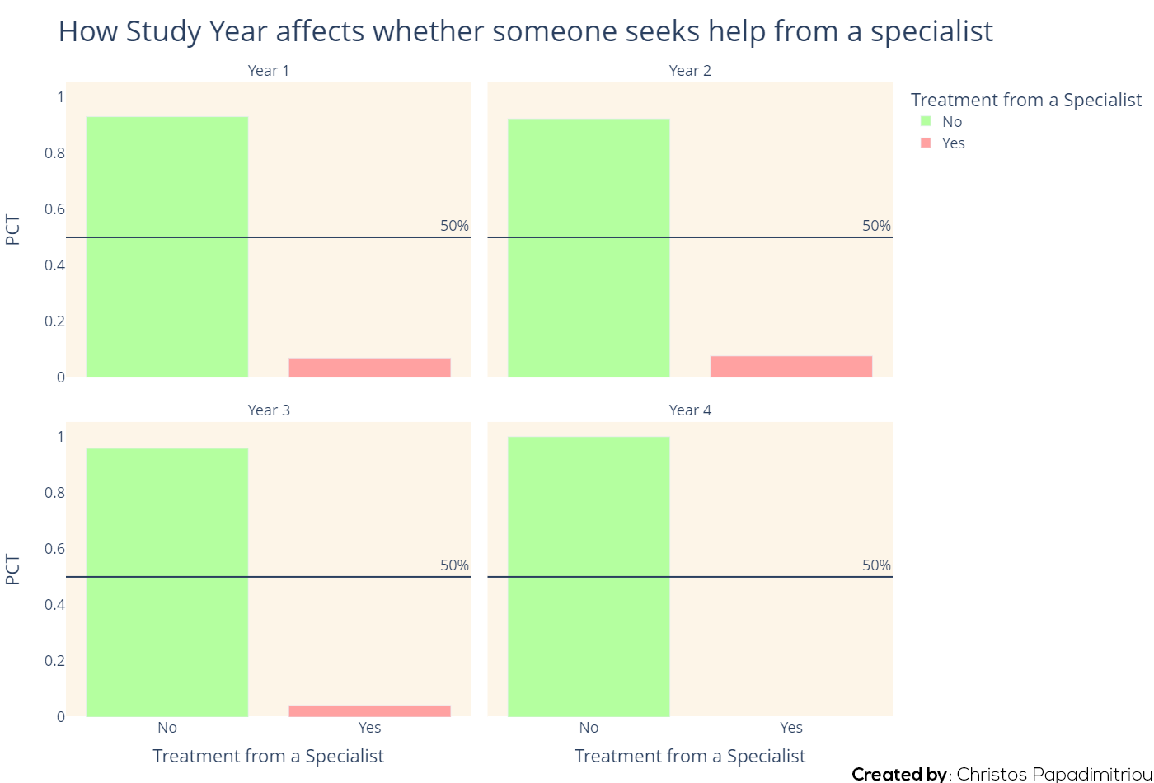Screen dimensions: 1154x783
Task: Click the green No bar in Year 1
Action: (x=167, y=246)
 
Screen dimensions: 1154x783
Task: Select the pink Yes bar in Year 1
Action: (x=369, y=368)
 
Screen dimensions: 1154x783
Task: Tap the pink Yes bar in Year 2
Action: (x=791, y=366)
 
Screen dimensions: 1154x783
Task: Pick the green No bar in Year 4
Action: (x=589, y=576)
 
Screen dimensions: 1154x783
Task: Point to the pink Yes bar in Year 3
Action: (x=369, y=710)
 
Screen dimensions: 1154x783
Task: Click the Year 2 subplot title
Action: (x=690, y=71)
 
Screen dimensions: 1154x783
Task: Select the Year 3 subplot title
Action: (x=269, y=410)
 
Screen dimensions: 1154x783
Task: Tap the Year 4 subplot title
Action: (x=690, y=410)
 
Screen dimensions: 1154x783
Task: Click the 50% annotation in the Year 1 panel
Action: (x=454, y=226)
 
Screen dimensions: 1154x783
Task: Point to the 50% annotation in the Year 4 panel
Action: (x=876, y=565)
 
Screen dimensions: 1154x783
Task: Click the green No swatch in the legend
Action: (x=926, y=121)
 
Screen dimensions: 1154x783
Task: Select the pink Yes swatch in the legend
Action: (x=926, y=143)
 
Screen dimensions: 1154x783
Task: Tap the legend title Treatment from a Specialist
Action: (x=1026, y=100)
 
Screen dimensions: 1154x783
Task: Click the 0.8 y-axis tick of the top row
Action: (x=54, y=153)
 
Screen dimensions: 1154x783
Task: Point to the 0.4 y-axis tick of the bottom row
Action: (x=54, y=605)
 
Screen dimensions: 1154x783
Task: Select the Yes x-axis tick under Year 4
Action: (x=791, y=727)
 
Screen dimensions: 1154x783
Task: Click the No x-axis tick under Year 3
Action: (x=167, y=727)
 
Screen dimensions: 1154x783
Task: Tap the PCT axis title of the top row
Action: (x=12, y=230)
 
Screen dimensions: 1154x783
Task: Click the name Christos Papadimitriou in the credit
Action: (x=1054, y=774)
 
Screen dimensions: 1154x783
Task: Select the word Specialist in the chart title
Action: (x=932, y=31)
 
